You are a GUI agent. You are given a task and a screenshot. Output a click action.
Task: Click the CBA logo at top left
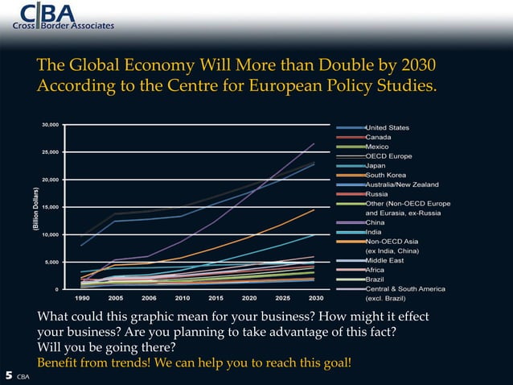pyautogui.click(x=63, y=16)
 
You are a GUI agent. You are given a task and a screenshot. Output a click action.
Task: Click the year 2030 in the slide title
pyautogui.click(x=421, y=64)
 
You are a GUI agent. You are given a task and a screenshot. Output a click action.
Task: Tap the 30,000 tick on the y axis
pyautogui.click(x=49, y=125)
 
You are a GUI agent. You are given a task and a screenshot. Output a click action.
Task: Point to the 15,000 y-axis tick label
pyautogui.click(x=49, y=207)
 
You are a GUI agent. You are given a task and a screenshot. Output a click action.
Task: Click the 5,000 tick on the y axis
pyautogui.click(x=51, y=262)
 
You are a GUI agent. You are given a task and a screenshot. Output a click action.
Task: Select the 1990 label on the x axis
pyautogui.click(x=82, y=297)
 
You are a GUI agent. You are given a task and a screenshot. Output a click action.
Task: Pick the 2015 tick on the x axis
pyautogui.click(x=215, y=297)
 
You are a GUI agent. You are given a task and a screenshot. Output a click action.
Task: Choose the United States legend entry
pyautogui.click(x=387, y=127)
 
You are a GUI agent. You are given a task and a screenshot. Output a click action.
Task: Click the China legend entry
pyautogui.click(x=376, y=222)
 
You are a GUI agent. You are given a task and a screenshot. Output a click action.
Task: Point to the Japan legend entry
pyautogui.click(x=376, y=165)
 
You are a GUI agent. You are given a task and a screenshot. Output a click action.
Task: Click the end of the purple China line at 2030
pyautogui.click(x=314, y=143)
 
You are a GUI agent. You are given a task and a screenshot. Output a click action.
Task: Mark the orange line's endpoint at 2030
pyautogui.click(x=314, y=209)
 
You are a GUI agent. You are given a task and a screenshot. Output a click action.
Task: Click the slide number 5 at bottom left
pyautogui.click(x=8, y=375)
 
